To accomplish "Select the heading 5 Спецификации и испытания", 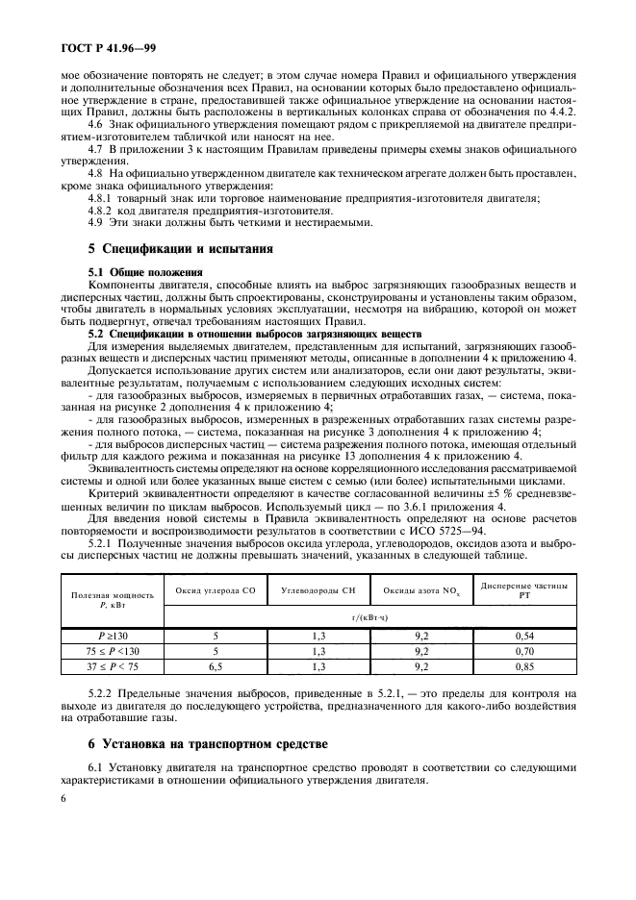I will [x=181, y=248].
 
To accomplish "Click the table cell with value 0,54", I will [x=523, y=636].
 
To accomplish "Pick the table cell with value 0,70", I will [x=523, y=650].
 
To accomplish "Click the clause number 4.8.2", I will [x=100, y=211].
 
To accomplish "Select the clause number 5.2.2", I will [x=100, y=692].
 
